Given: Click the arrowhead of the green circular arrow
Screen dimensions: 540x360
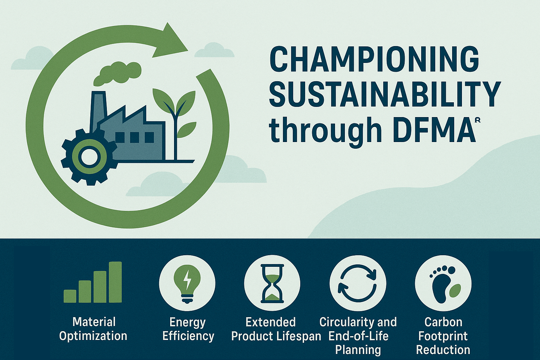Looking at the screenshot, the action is pyautogui.click(x=171, y=41).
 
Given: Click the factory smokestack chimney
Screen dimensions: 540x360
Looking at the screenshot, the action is pyautogui.click(x=98, y=111).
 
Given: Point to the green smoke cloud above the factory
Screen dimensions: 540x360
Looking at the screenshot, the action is pyautogui.click(x=117, y=73).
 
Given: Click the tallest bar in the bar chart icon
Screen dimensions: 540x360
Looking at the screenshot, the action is pyautogui.click(x=115, y=282).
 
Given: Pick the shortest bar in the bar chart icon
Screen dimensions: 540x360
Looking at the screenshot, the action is pyautogui.click(x=70, y=296).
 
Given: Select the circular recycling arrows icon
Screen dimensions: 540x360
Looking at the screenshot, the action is pyautogui.click(x=358, y=283).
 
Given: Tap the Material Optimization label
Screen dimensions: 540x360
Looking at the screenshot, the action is pyautogui.click(x=93, y=329).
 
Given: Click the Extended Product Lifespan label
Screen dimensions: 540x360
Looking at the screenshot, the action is pyautogui.click(x=276, y=329).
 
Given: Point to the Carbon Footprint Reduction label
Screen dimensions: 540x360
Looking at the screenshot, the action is pyautogui.click(x=443, y=336).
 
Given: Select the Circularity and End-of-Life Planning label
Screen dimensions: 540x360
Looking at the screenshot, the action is pyautogui.click(x=358, y=336).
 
